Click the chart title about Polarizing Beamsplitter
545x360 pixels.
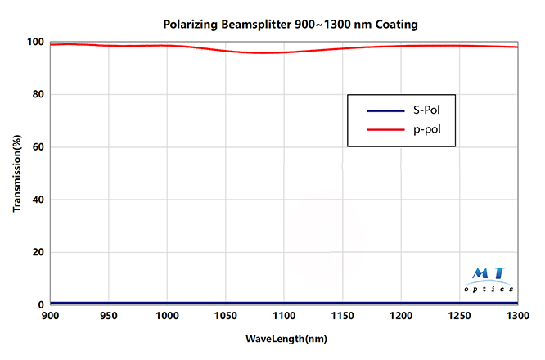click(x=296, y=25)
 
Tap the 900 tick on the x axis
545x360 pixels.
click(x=50, y=315)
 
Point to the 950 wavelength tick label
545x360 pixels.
click(x=109, y=315)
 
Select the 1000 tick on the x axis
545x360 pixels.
click(x=167, y=315)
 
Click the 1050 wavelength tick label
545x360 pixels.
click(x=226, y=315)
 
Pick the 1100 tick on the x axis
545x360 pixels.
click(x=284, y=315)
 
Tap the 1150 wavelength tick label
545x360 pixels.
click(x=343, y=315)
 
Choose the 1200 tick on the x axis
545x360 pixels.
click(x=401, y=315)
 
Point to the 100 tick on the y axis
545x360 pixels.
click(x=34, y=43)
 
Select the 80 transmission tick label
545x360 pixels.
click(x=38, y=95)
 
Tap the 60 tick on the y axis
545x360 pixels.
click(x=38, y=147)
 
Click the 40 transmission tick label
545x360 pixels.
click(x=38, y=200)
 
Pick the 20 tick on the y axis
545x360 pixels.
click(x=38, y=252)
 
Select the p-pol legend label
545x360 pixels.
click(x=429, y=129)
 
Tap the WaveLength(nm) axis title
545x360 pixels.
click(x=285, y=337)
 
